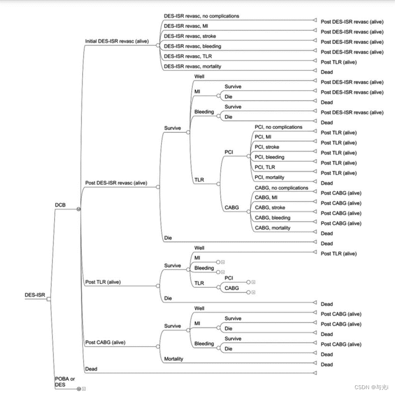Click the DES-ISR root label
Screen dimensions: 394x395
35,295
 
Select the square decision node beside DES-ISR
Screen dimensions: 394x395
49,299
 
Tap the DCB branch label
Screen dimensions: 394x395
61,204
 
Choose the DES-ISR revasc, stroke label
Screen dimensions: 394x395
190,36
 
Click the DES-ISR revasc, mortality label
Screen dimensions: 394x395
193,66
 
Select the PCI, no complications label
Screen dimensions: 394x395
278,127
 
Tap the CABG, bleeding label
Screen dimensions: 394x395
273,218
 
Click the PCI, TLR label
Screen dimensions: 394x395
266,167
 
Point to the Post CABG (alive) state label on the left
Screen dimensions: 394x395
105,342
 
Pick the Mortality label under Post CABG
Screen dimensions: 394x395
174,359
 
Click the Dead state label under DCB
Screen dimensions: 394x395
91,369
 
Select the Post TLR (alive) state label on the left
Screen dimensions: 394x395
103,282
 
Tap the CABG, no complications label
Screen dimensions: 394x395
281,188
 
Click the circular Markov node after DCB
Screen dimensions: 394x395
79,209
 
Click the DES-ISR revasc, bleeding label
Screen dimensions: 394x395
193,46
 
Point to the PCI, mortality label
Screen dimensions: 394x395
269,177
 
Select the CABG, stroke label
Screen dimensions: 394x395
270,208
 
